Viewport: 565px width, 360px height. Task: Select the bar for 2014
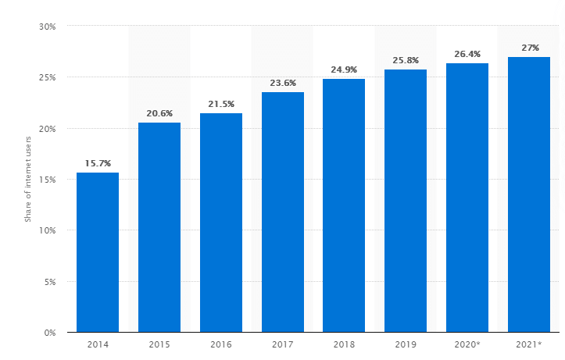(x=98, y=252)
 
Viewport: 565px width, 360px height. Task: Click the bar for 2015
(x=159, y=227)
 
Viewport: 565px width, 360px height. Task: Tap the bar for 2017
(x=283, y=212)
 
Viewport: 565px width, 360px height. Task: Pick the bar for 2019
(x=406, y=201)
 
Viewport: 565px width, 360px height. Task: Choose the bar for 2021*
(x=529, y=194)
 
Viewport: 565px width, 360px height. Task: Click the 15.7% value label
(x=98, y=163)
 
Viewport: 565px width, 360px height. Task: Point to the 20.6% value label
(x=159, y=113)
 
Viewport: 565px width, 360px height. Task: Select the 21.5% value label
(x=221, y=104)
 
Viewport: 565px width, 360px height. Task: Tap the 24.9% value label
(x=344, y=70)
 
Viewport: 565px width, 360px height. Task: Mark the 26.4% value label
(x=467, y=54)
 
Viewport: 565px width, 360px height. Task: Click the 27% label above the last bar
(x=530, y=48)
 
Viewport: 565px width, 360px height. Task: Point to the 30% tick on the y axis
(x=46, y=27)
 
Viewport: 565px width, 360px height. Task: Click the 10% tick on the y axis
(x=46, y=230)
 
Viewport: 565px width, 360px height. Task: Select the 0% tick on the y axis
(x=48, y=333)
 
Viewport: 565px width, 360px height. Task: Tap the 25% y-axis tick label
(x=46, y=78)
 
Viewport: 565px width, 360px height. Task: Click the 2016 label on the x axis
(x=221, y=344)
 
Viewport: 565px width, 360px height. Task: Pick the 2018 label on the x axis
(x=344, y=344)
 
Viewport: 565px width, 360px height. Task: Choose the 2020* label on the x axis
(x=467, y=344)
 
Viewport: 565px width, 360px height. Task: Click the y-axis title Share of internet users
(x=28, y=180)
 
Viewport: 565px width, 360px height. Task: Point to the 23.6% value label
(x=283, y=83)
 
